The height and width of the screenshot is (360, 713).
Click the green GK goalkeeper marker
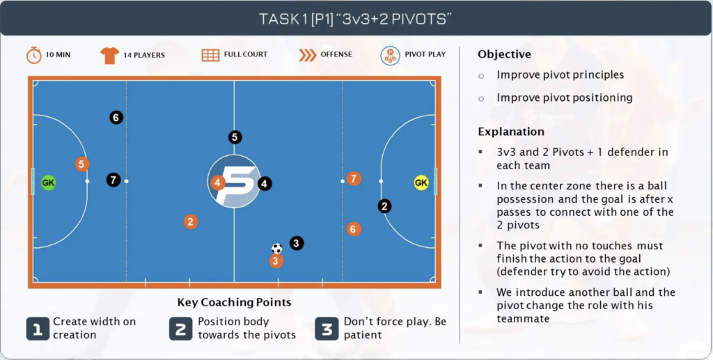click(48, 182)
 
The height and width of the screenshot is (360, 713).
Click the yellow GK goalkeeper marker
click(421, 182)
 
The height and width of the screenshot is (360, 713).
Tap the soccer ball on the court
click(277, 249)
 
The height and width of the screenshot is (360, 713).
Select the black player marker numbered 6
click(116, 118)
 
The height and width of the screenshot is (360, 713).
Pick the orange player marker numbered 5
click(82, 164)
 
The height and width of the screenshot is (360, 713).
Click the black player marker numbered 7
click(113, 180)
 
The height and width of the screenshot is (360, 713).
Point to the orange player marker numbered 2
click(191, 222)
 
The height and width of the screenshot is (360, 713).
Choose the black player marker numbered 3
click(297, 243)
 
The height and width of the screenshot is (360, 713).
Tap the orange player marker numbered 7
click(354, 178)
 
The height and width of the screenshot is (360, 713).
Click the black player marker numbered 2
click(384, 206)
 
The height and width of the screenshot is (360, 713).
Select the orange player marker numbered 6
click(353, 229)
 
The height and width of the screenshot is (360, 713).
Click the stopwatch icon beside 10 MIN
click(33, 55)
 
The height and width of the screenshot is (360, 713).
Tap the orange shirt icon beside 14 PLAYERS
click(109, 56)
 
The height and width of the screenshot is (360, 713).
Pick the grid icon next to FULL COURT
click(210, 55)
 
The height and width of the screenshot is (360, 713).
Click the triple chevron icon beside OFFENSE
click(307, 55)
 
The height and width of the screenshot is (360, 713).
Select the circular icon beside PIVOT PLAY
click(390, 56)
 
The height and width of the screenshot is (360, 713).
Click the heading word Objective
click(504, 54)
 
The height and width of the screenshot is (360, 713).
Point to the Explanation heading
click(511, 132)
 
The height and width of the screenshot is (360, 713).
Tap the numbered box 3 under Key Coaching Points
click(327, 329)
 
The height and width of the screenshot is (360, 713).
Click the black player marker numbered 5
click(235, 136)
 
